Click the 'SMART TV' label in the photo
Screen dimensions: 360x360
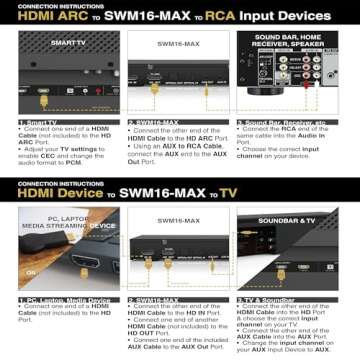pos(67,44)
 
